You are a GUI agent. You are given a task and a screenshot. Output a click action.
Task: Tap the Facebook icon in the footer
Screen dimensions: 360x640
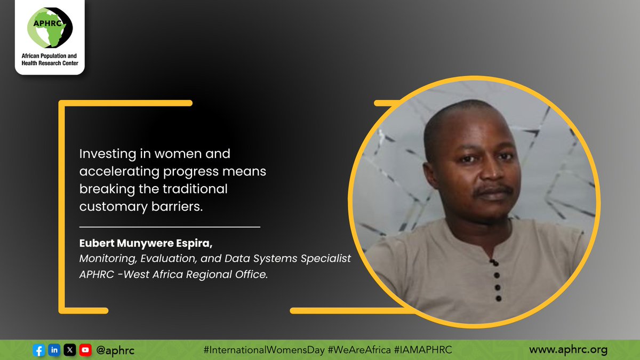38,350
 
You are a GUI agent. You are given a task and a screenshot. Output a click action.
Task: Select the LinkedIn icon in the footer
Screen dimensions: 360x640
54,350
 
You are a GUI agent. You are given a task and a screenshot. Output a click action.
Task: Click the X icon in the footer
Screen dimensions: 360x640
70,350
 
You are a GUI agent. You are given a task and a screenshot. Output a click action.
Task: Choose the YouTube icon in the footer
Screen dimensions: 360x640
85,350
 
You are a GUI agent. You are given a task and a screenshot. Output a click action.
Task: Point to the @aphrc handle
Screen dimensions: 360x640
115,350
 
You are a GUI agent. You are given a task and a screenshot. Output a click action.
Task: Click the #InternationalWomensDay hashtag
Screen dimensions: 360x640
264,350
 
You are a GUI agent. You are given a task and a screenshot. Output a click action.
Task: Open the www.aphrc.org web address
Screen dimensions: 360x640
568,350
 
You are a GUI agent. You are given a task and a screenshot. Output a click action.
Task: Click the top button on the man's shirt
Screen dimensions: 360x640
494,262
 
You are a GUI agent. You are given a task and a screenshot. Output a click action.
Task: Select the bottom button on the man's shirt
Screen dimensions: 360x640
499,299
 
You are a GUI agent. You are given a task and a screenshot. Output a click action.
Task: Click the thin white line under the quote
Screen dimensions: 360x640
169,227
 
